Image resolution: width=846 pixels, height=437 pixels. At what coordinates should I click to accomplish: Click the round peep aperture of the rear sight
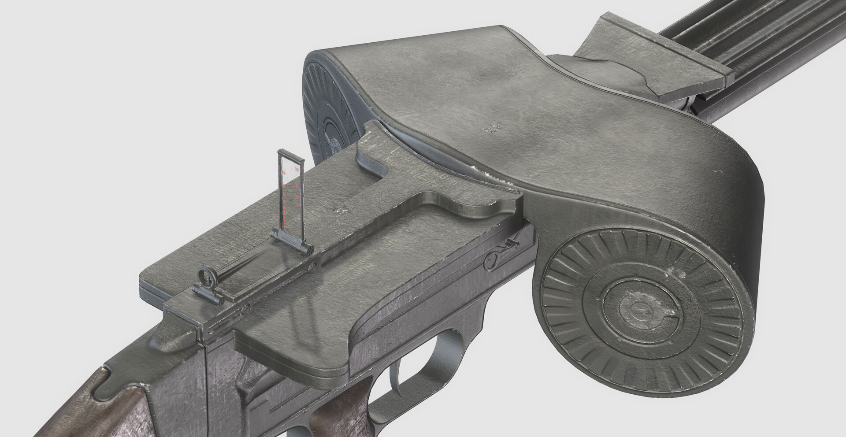(206, 276)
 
